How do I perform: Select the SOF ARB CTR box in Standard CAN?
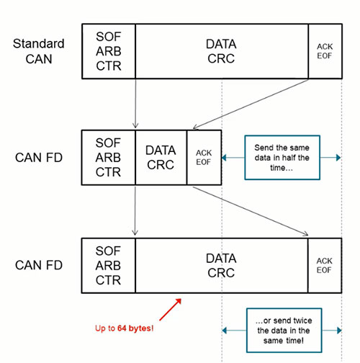[x=107, y=51]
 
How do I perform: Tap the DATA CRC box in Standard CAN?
[x=221, y=51]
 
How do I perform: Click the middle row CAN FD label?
[x=37, y=156]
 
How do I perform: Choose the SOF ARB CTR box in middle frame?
[x=107, y=156]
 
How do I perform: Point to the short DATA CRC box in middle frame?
[x=161, y=156]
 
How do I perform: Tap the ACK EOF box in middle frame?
[x=203, y=156]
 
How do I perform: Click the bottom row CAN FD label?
[x=37, y=264]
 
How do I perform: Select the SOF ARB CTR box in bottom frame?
[x=107, y=264]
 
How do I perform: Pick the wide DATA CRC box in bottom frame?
[x=221, y=264]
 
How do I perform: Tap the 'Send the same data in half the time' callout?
[x=281, y=157]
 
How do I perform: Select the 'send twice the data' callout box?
[x=281, y=329]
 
